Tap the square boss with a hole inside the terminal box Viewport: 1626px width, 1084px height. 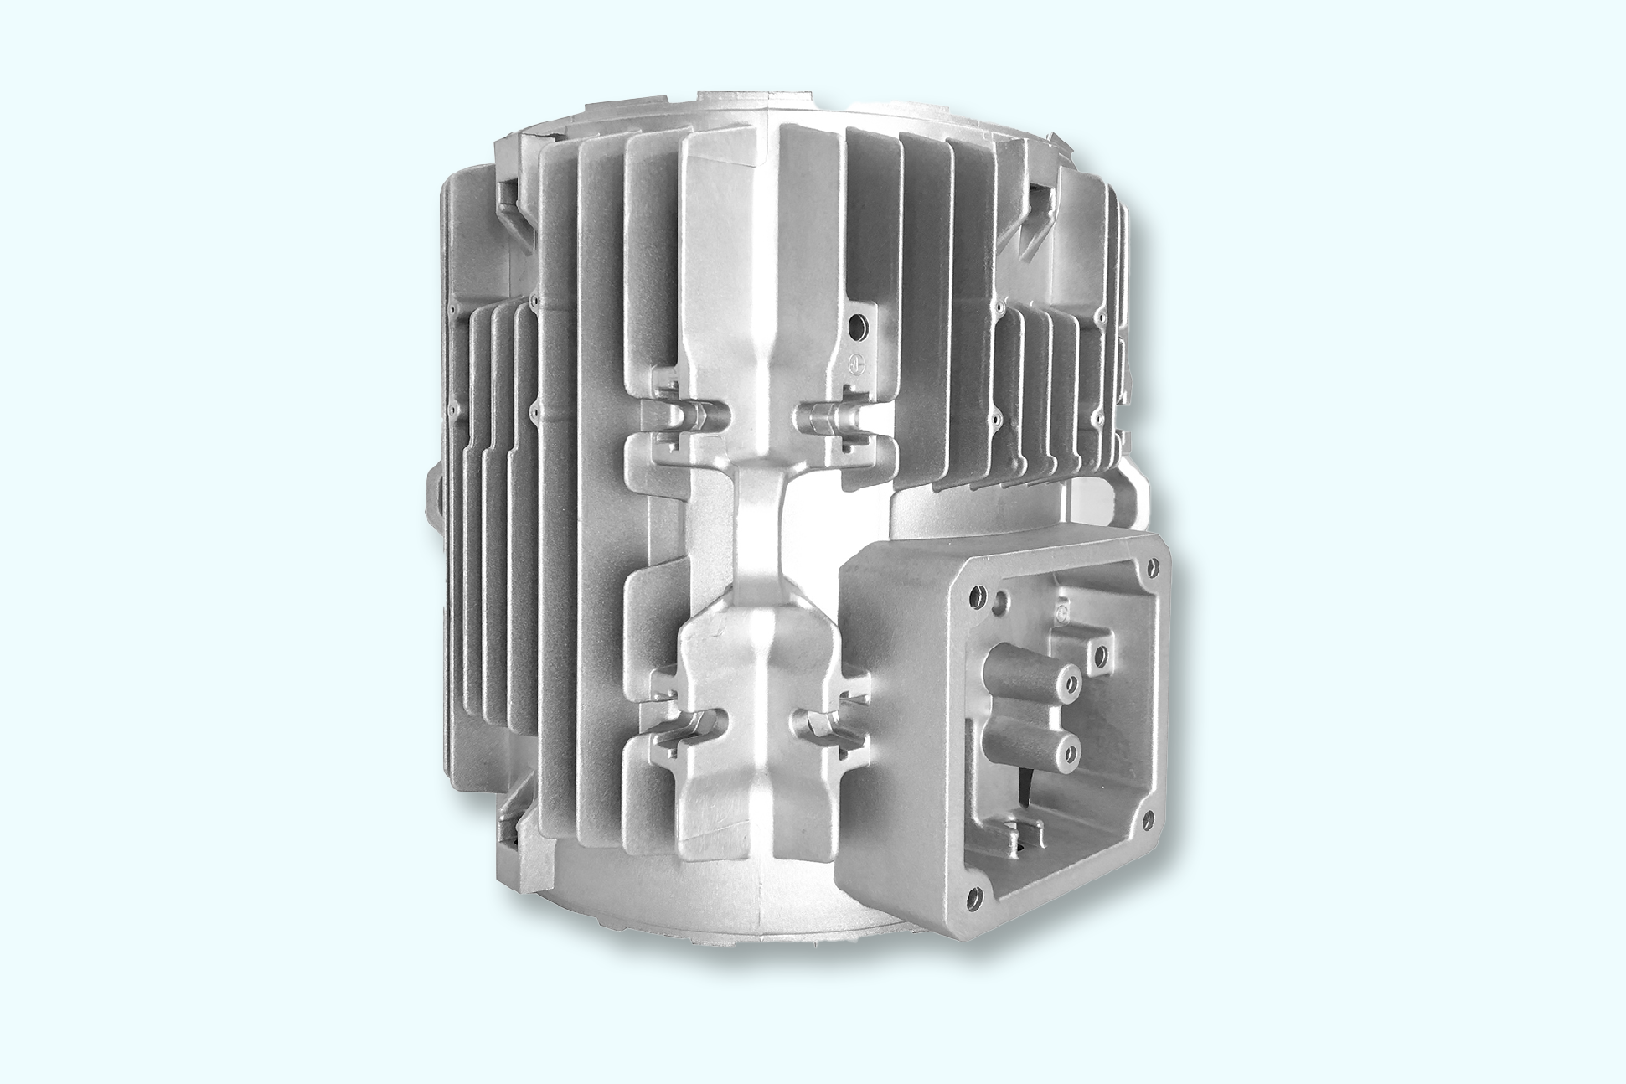pos(1099,651)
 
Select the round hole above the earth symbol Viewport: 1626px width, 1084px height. pos(857,326)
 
